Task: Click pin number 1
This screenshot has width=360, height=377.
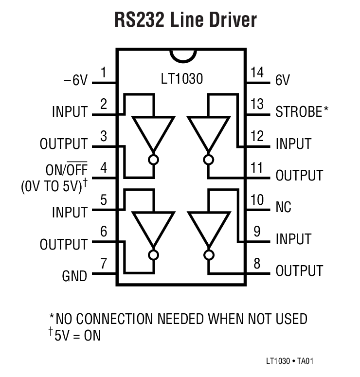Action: pos(104,73)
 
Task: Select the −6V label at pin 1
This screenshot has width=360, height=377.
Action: pos(75,81)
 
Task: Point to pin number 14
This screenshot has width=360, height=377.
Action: pos(257,73)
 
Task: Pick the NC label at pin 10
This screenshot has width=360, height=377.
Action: pos(283,207)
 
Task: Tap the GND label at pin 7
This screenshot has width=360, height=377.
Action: pos(74,276)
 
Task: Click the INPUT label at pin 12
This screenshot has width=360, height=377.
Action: pos(293,144)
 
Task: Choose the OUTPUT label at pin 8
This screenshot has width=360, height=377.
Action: pos(299,271)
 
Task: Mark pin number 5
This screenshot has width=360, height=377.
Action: pos(104,200)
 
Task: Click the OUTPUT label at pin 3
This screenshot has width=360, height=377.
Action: pos(64,144)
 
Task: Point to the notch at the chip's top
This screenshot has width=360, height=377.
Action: pos(181,54)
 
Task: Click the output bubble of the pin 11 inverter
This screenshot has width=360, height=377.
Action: pos(209,159)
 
